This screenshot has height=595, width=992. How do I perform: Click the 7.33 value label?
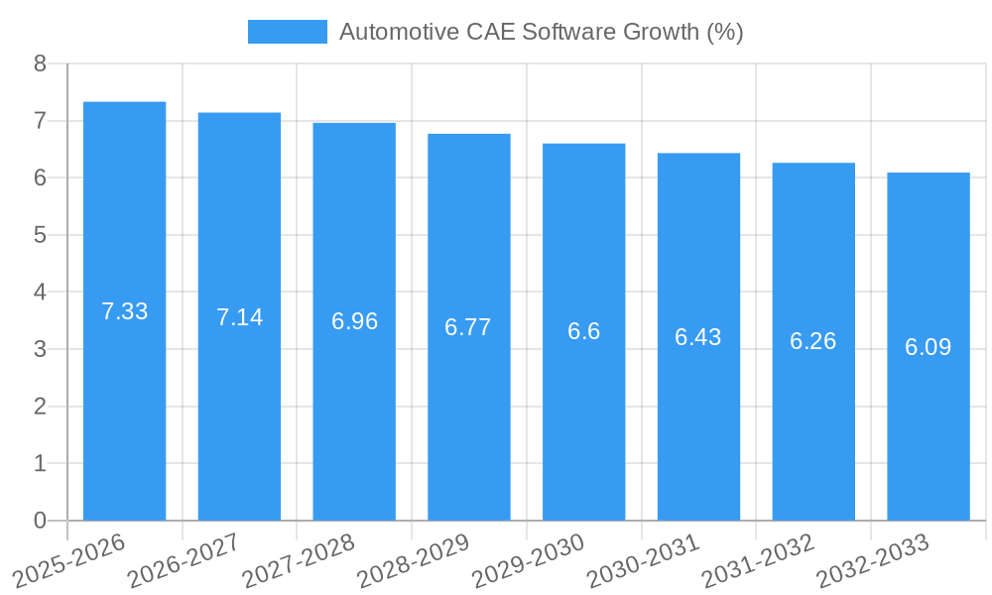[124, 311]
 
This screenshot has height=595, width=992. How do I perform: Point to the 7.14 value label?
[239, 317]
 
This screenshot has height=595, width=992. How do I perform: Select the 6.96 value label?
[354, 321]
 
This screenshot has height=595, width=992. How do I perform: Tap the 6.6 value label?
[584, 331]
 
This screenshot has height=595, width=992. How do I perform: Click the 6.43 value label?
[698, 337]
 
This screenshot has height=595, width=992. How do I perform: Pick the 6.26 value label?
[813, 341]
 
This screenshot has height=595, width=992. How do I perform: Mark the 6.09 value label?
[929, 347]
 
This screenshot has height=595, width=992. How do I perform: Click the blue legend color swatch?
[287, 32]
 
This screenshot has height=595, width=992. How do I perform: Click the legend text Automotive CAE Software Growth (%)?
[541, 32]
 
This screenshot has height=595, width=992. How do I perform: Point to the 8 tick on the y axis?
[41, 63]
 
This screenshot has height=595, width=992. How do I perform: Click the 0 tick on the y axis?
[41, 521]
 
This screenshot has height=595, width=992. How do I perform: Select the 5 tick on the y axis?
[41, 235]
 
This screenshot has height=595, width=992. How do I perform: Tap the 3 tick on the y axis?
[41, 349]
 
